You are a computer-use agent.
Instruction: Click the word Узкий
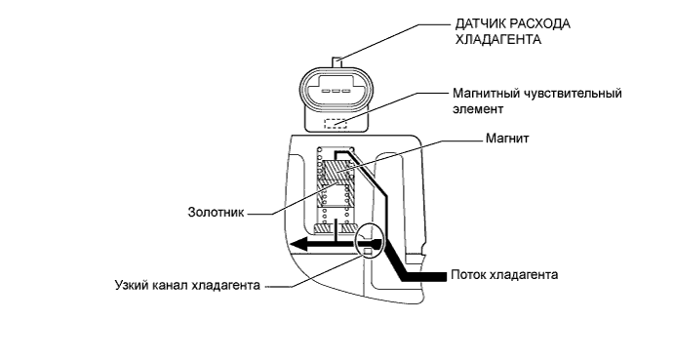click(132, 286)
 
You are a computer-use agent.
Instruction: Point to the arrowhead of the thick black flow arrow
click(300, 245)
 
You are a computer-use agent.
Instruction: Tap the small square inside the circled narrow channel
click(368, 253)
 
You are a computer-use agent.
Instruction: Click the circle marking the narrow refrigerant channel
click(369, 240)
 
